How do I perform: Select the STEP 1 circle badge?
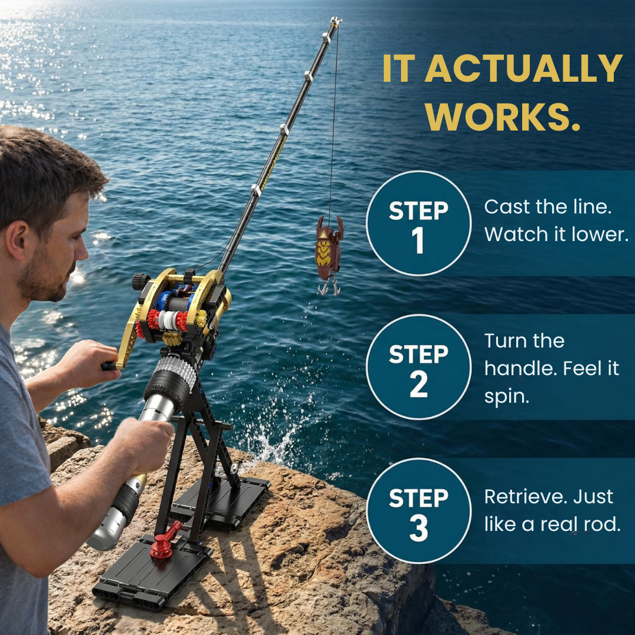419,224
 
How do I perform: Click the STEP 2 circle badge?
419,367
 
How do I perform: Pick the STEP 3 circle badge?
419,510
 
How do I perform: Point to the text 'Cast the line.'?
546,207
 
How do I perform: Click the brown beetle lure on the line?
329,248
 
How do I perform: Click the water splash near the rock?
276,435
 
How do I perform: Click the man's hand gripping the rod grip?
141,441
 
